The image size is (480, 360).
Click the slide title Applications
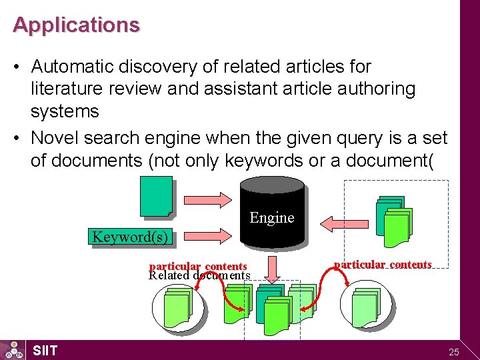pyautogui.click(x=76, y=25)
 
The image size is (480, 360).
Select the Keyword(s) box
pyautogui.click(x=130, y=237)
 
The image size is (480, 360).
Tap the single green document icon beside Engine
pyautogui.click(x=156, y=197)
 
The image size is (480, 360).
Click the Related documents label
pyautogui.click(x=199, y=275)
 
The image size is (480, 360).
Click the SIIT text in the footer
pyautogui.click(x=45, y=351)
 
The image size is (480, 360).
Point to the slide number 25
pyautogui.click(x=454, y=351)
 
